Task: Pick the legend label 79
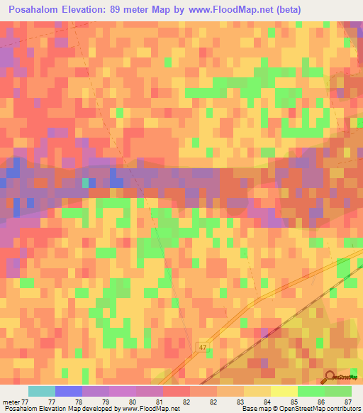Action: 123,402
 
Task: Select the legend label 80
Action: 150,402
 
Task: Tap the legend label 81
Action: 177,402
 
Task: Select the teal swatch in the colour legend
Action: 42,391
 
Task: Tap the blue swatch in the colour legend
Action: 69,391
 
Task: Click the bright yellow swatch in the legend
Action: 284,391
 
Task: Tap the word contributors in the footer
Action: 343,409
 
